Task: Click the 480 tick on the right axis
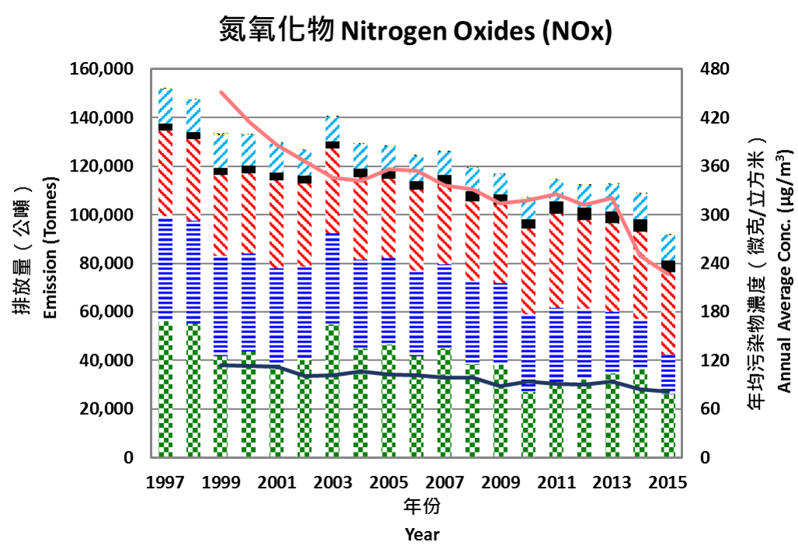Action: coord(716,70)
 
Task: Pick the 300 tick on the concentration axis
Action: coord(716,215)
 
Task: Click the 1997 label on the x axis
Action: coord(165,482)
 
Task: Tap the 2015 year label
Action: coord(668,482)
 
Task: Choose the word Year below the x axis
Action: coord(422,534)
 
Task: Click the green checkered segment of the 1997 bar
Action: coord(165,388)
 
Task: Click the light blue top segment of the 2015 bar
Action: coord(668,247)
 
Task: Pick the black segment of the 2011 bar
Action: coord(556,207)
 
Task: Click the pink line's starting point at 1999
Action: coord(222,92)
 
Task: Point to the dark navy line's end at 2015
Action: coord(668,391)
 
